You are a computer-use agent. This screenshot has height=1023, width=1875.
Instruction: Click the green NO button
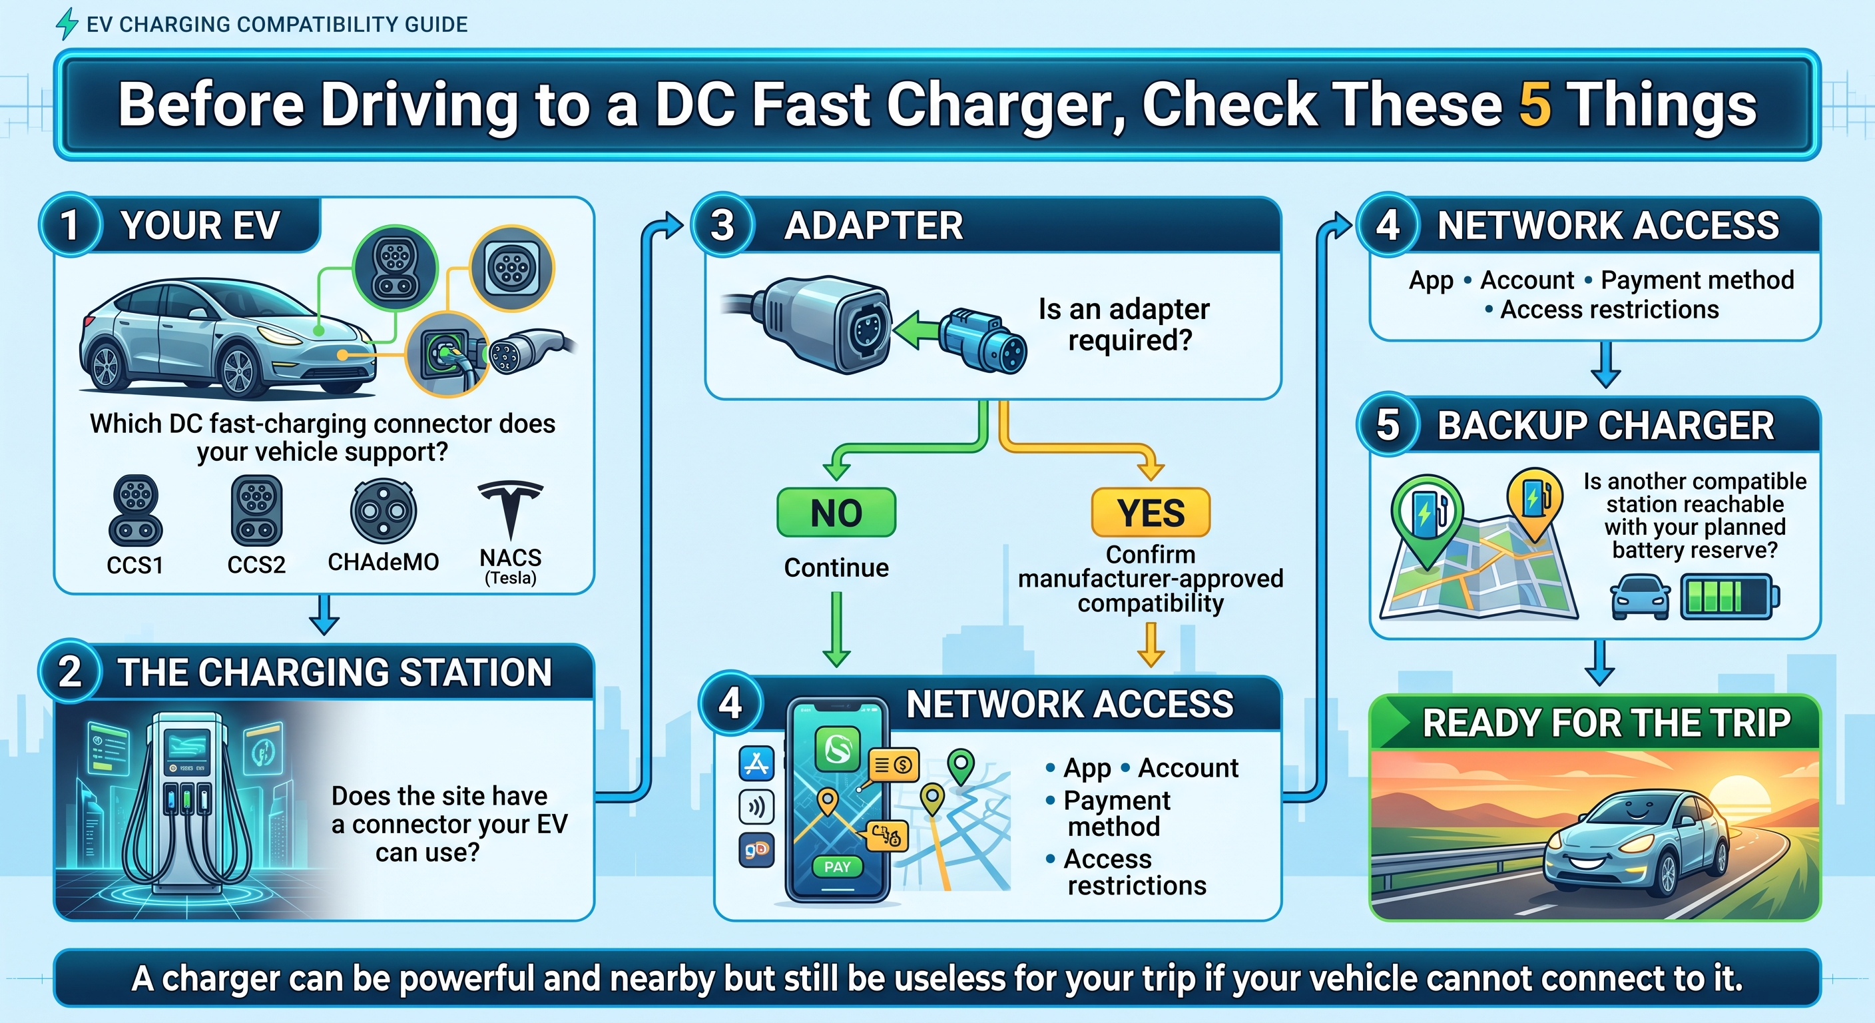836,513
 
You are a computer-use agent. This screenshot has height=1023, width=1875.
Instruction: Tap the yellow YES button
1151,513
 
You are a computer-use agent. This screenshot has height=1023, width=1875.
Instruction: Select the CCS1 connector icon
135,511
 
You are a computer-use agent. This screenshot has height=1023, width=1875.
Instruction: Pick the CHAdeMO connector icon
384,511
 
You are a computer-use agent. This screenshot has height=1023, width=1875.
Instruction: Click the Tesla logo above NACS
511,508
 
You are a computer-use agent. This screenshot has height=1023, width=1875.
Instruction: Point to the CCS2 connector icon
257,511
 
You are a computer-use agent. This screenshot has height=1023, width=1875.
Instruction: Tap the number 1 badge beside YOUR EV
70,224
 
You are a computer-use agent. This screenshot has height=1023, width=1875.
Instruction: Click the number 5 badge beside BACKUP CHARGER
1388,424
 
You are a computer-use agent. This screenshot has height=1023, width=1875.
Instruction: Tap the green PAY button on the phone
837,866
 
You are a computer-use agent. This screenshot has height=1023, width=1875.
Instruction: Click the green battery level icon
1729,597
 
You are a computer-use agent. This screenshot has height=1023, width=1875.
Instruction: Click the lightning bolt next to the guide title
67,23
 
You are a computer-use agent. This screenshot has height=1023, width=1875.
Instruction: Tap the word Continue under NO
836,567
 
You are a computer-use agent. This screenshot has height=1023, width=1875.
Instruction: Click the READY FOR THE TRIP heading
1607,723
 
